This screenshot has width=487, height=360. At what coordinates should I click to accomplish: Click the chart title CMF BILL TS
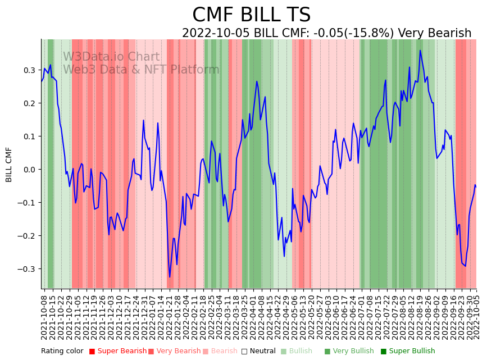coord(251,15)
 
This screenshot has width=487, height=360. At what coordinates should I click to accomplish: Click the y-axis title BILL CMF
coord(9,165)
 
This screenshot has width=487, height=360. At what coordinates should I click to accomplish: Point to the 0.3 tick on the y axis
coord(29,70)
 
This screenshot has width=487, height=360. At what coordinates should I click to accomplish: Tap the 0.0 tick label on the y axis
coord(29,170)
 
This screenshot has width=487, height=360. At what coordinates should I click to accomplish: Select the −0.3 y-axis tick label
coord(28,269)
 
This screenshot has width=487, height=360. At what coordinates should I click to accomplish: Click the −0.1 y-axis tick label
coord(28,203)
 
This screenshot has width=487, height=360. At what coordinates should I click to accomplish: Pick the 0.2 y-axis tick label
coord(29,103)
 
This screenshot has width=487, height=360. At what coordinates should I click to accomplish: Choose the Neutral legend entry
coord(262,351)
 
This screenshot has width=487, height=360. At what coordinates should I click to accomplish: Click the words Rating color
coord(62,351)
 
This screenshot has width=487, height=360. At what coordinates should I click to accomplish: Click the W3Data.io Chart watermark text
coord(111,57)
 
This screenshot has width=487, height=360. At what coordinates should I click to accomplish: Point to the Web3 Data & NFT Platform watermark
coord(141,70)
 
